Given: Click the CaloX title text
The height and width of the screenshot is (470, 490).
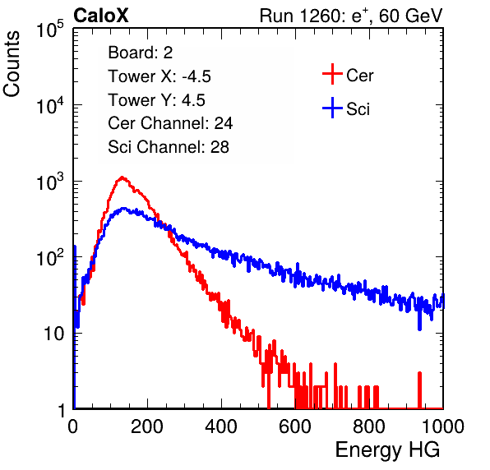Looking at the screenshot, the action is (x=101, y=16).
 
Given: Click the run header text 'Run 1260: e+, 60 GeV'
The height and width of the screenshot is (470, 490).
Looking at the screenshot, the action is (x=351, y=16).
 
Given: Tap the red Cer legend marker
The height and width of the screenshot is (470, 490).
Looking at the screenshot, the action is (x=332, y=74).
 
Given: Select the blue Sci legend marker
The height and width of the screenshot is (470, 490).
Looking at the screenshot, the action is (x=332, y=108).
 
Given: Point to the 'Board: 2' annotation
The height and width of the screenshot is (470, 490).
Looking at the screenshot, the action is (x=141, y=53).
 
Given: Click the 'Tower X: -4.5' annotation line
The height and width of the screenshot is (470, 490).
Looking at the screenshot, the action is (x=159, y=76).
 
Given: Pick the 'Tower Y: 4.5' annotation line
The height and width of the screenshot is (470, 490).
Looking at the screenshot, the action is (x=156, y=100).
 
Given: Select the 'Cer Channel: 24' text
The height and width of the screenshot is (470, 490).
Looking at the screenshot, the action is (x=170, y=123).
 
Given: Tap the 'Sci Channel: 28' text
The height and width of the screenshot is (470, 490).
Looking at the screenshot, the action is (x=169, y=147).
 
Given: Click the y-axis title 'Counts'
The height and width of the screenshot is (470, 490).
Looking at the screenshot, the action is (x=12, y=64).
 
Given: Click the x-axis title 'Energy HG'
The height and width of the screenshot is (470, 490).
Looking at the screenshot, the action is (x=387, y=450).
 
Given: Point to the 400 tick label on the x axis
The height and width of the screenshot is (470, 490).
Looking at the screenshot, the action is (x=221, y=426).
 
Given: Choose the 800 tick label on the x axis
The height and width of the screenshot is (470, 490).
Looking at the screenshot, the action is (x=369, y=426).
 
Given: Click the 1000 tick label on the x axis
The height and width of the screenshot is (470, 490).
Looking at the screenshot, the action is (x=443, y=426).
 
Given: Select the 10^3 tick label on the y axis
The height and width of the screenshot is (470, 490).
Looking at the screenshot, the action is (x=50, y=182).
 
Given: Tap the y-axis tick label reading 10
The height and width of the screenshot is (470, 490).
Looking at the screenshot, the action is (x=53, y=334).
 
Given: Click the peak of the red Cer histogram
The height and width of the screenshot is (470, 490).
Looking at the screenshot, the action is (x=122, y=177).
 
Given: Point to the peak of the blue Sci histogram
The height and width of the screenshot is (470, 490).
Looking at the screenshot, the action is (x=124, y=208).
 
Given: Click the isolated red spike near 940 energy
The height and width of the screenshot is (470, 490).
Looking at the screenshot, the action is (x=419, y=390).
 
